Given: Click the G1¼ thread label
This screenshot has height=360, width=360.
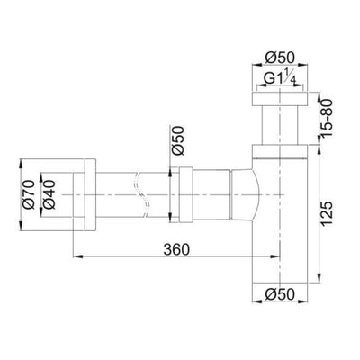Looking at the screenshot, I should (282, 80).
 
